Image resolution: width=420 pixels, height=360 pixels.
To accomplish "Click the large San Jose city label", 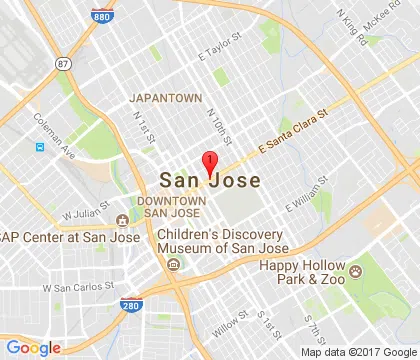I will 210,181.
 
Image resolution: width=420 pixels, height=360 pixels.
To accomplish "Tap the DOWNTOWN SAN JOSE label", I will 165,207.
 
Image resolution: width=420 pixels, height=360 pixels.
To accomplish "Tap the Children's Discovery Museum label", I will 222,241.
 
